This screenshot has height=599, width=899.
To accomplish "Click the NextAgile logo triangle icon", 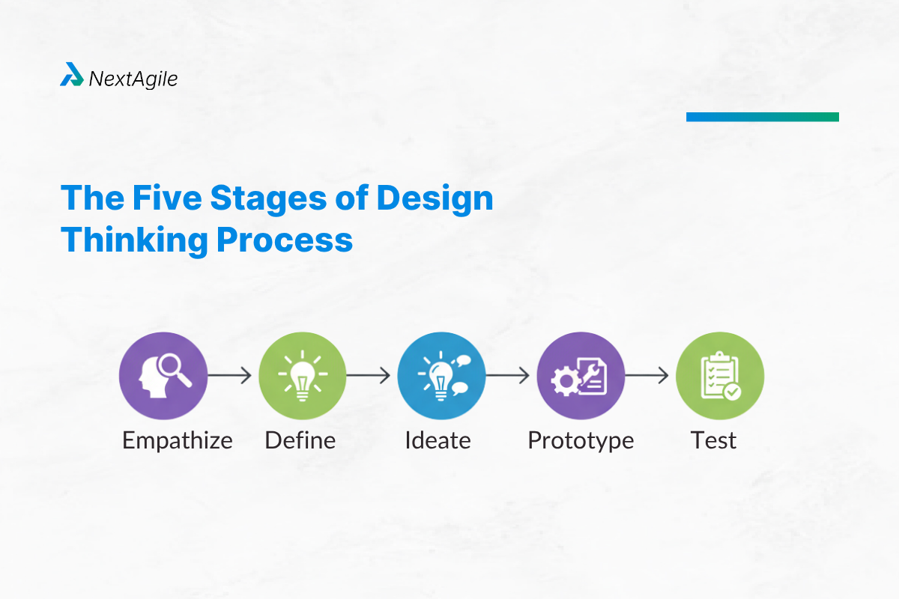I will pyautogui.click(x=72, y=75).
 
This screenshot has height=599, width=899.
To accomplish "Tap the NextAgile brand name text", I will pyautogui.click(x=133, y=78).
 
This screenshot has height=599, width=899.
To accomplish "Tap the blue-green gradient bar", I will pyautogui.click(x=762, y=117).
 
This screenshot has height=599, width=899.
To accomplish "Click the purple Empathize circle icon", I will pyautogui.click(x=163, y=376).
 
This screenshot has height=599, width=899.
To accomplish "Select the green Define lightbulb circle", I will pyautogui.click(x=302, y=376).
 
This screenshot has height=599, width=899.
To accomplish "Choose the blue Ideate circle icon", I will pyautogui.click(x=441, y=376).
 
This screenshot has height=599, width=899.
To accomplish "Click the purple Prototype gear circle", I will pyautogui.click(x=581, y=376).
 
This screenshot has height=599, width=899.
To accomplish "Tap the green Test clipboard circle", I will pyautogui.click(x=719, y=376).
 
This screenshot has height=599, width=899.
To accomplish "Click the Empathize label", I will pyautogui.click(x=178, y=440).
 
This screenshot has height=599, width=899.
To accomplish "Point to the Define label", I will pyautogui.click(x=300, y=440).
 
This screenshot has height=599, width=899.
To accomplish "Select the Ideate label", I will pyautogui.click(x=438, y=440).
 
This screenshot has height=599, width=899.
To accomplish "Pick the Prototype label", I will pyautogui.click(x=581, y=440).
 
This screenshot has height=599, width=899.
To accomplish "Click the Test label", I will pyautogui.click(x=713, y=440).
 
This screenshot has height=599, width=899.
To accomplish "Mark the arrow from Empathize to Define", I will pyautogui.click(x=230, y=376).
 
